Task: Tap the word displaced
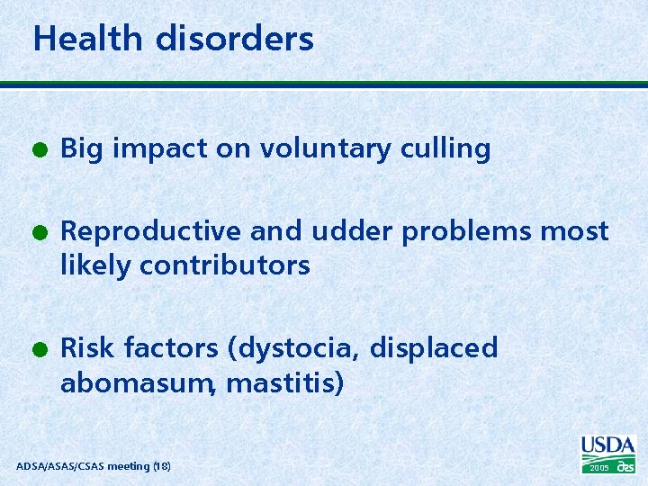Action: coord(434,348)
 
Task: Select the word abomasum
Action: coord(137,384)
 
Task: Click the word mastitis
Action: coord(284,384)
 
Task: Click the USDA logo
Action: coord(608,446)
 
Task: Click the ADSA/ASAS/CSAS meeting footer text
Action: coord(94,465)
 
